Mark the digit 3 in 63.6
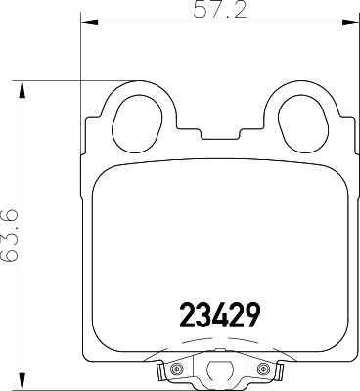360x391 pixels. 9,243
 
